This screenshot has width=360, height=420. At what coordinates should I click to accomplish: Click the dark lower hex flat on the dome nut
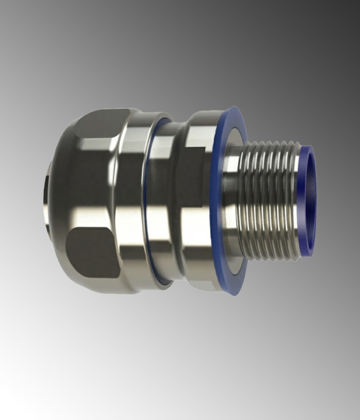[x=91, y=252]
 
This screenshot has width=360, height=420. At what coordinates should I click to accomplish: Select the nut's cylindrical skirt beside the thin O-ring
[x=130, y=202]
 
